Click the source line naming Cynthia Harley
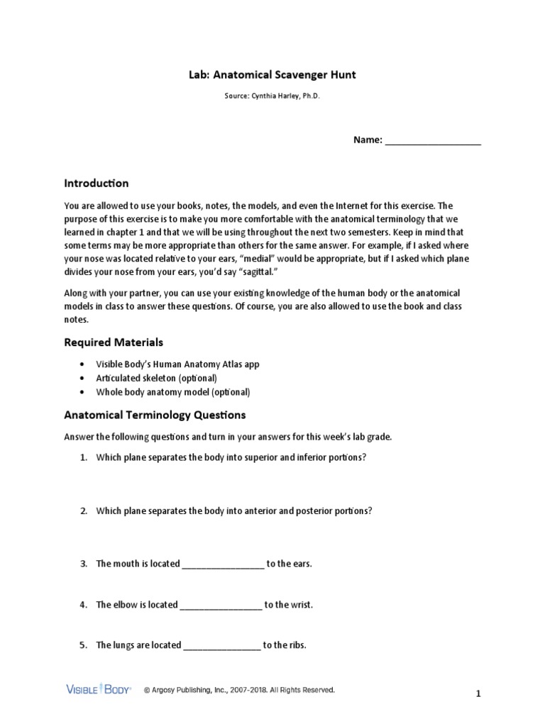[x=272, y=97]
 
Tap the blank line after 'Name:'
[x=432, y=140]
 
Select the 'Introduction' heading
[x=97, y=183]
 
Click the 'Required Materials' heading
[x=114, y=342]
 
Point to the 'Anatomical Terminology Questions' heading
[x=155, y=415]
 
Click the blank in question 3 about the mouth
[x=223, y=564]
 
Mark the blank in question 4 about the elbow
[x=221, y=605]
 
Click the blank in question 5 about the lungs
[x=221, y=646]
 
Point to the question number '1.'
[x=83, y=457]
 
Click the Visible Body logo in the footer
[x=99, y=689]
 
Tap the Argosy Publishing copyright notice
[x=238, y=689]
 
